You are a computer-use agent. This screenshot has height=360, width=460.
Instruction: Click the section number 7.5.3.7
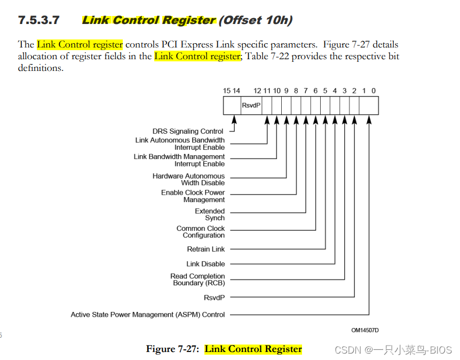[x=38, y=20]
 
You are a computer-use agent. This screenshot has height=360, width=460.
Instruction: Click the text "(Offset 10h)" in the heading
[x=256, y=20]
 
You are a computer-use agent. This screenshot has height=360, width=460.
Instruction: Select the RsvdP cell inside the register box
[x=251, y=106]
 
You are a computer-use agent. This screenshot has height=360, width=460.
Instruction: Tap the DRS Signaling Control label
[x=188, y=131]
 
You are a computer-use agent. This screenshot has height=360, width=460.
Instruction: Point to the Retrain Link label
[x=206, y=249]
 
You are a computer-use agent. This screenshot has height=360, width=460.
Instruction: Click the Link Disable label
[x=205, y=264]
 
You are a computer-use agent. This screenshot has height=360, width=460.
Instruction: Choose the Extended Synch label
[x=210, y=214]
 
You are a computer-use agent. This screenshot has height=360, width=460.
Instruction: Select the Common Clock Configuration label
[x=201, y=231]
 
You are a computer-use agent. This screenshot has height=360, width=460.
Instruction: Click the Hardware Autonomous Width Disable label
[x=188, y=179]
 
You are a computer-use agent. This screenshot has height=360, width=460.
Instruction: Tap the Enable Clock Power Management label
[x=193, y=196]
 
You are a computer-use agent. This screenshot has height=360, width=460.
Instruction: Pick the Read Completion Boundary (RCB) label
[x=197, y=279]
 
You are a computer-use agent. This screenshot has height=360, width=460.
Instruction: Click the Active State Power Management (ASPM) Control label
[x=148, y=315]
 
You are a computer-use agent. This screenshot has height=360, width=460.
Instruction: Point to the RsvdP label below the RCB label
[x=214, y=298]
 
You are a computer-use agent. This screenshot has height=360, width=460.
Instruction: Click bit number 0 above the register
[x=374, y=91]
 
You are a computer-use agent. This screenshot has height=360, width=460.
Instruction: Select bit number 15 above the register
[x=227, y=91]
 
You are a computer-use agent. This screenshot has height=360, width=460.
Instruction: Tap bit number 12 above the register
[x=257, y=91]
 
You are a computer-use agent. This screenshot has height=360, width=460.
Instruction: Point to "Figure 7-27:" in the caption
[x=173, y=349]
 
